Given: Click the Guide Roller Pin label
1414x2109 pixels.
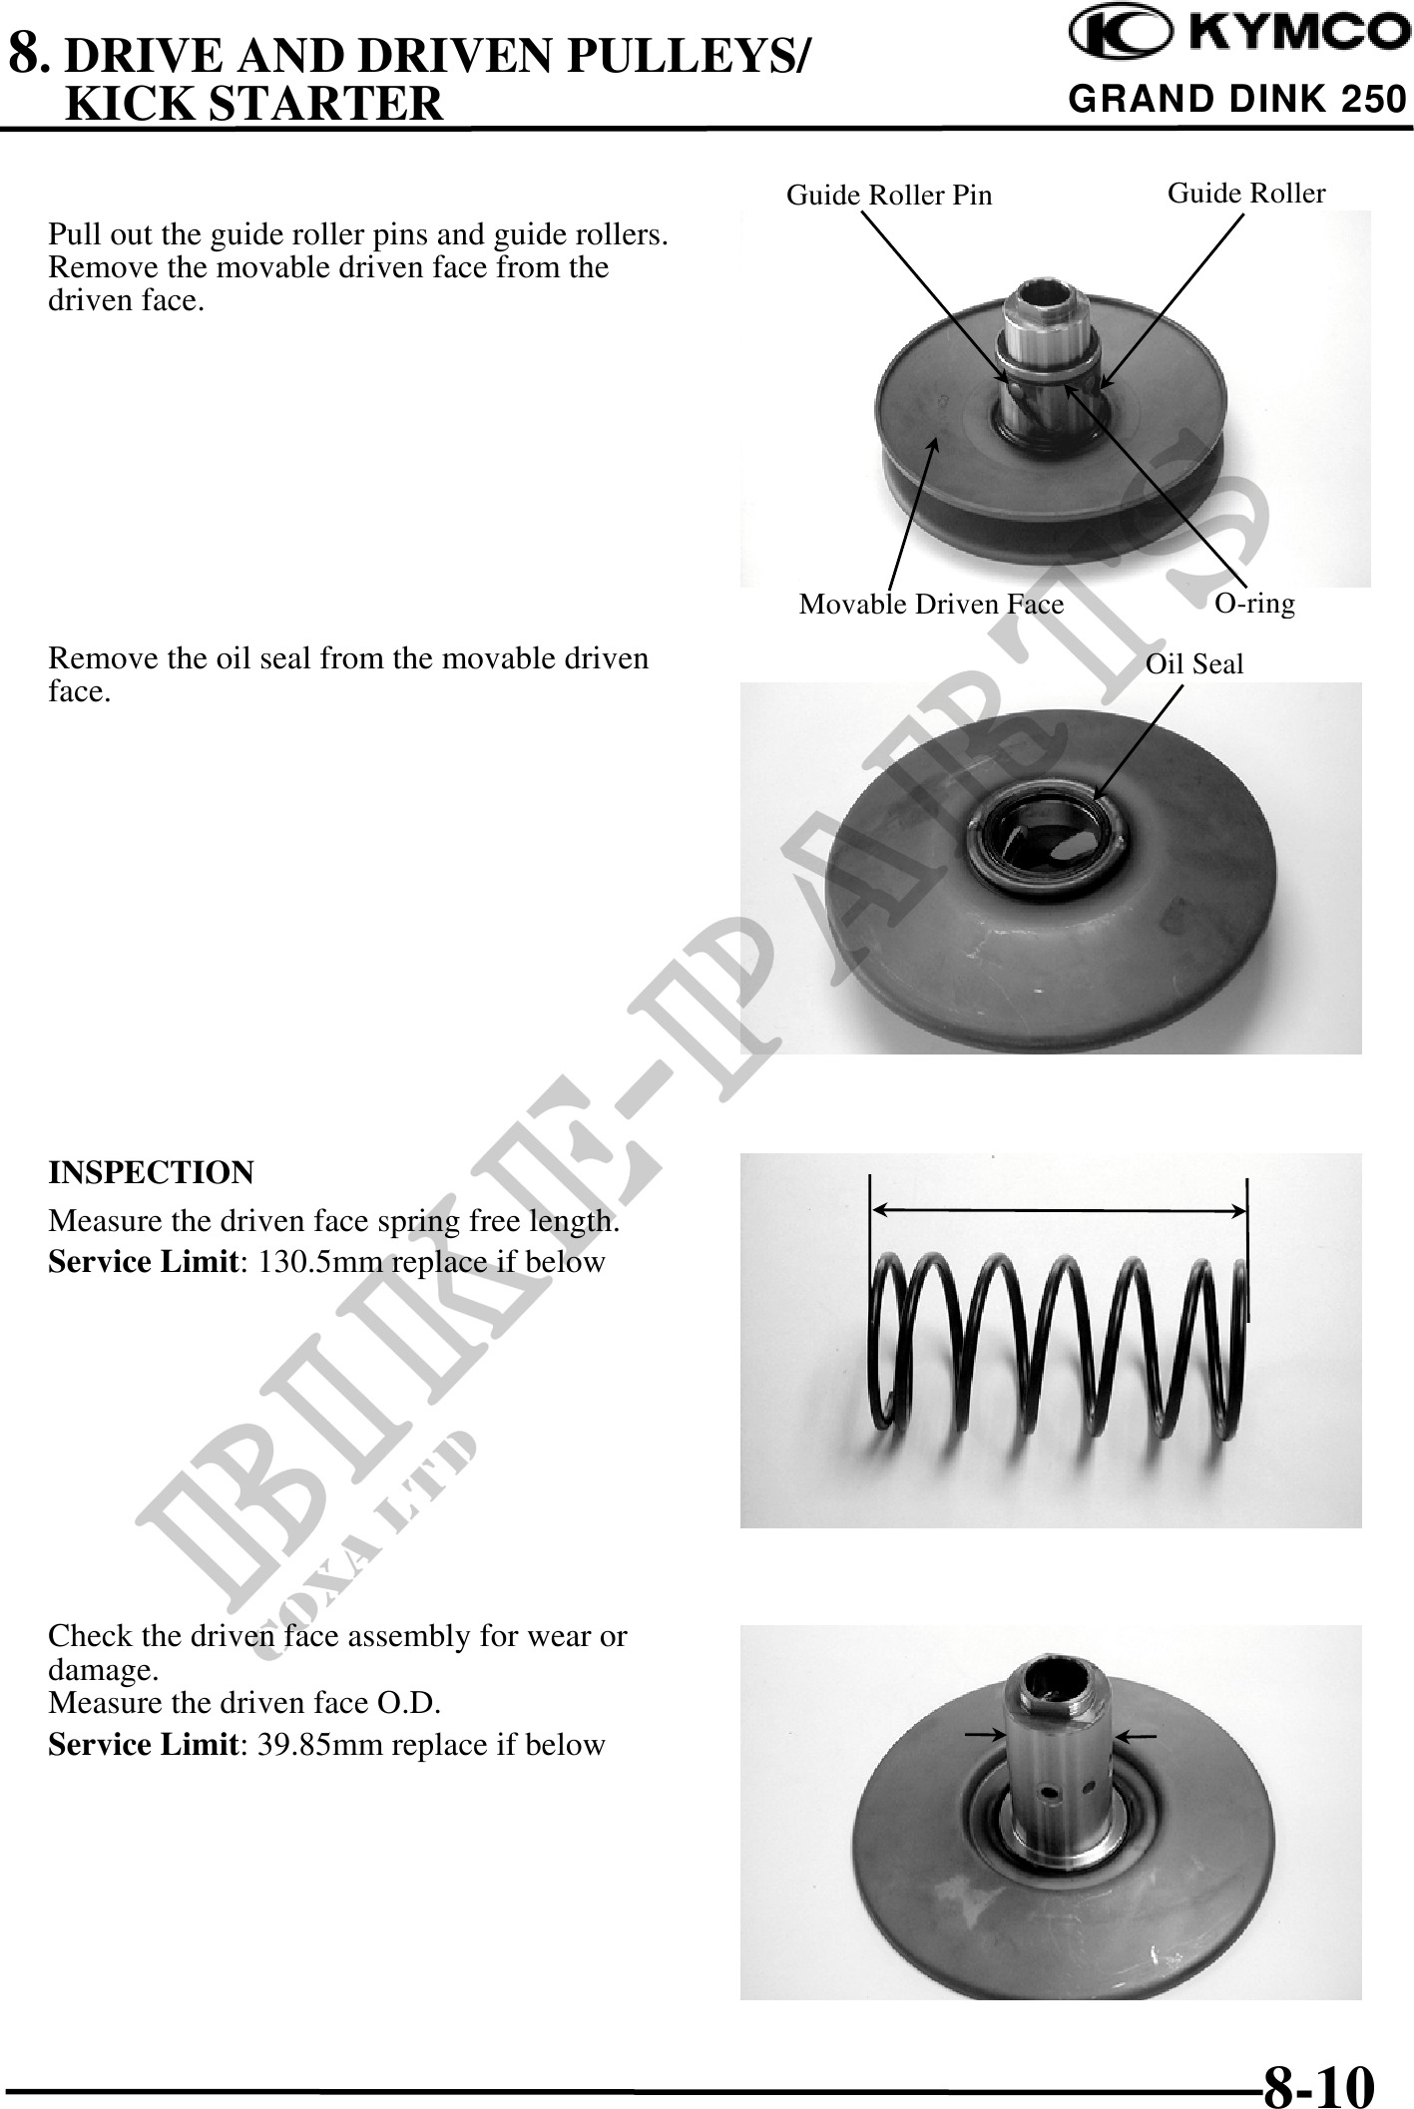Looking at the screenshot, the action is (x=889, y=196).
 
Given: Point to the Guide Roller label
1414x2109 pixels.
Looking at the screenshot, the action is (x=1246, y=193).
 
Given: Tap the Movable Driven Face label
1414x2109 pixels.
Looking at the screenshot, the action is (x=931, y=605).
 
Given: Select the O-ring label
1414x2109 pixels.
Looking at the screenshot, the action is (x=1254, y=604).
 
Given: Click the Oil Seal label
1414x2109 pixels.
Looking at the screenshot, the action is (x=1194, y=664).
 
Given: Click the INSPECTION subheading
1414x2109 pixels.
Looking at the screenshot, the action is (x=152, y=1172).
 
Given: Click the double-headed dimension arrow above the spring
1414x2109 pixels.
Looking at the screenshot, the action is (x=1059, y=1210).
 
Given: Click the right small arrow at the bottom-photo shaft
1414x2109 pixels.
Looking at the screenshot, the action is (x=1135, y=1737).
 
